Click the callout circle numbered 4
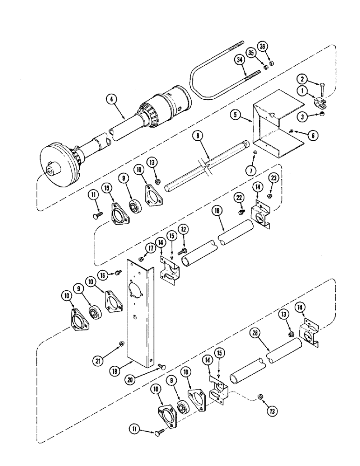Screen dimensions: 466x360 [111, 99]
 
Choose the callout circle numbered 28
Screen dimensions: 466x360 [255, 335]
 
